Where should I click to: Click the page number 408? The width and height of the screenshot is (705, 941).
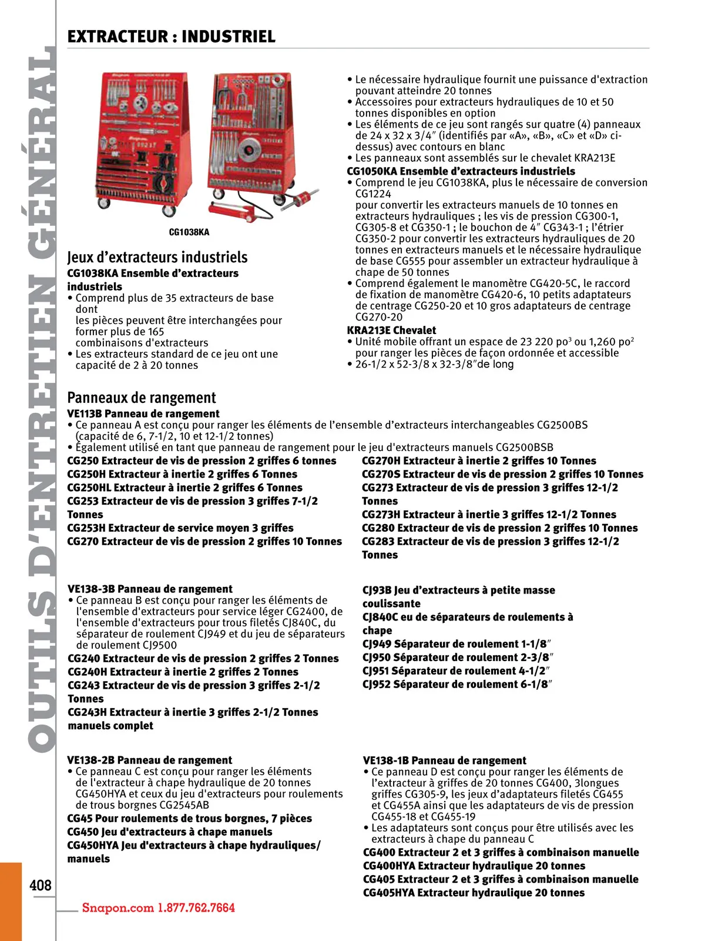[41, 885]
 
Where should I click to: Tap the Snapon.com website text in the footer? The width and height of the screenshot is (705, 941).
[117, 907]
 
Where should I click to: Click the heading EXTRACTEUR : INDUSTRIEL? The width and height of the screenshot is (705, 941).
[171, 37]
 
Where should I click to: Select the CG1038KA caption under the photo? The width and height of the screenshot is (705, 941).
[189, 232]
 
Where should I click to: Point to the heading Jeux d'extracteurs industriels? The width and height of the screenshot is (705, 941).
[157, 257]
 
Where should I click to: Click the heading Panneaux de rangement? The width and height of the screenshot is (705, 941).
[142, 398]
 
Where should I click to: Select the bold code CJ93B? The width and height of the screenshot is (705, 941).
[377, 590]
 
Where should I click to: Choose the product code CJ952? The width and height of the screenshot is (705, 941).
[377, 684]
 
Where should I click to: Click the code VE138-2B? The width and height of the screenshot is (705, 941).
[91, 760]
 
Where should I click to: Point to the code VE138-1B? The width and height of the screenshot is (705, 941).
[386, 760]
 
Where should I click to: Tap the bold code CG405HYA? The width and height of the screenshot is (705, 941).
[389, 893]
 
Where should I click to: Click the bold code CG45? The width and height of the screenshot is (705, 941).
[80, 818]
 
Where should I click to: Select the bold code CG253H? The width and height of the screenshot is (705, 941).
[86, 528]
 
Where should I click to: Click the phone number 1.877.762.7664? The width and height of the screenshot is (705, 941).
[196, 907]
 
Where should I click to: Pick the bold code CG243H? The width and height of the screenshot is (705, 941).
[87, 712]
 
